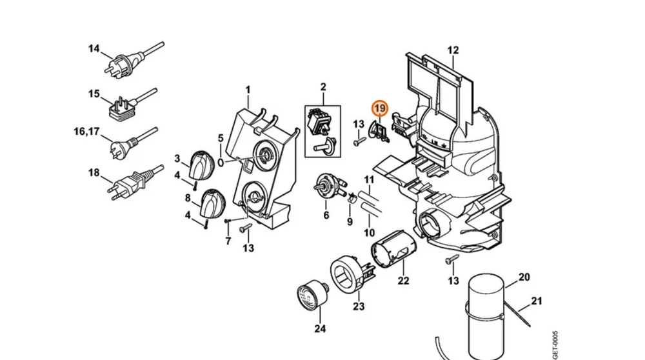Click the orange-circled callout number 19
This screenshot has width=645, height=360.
coord(379,108)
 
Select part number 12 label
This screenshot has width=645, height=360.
coord(453,50)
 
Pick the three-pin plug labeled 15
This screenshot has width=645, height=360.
coord(132,104)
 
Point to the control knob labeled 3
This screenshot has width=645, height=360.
coord(201,164)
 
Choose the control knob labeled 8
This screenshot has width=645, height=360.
coord(213,203)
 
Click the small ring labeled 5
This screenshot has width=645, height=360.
coord(221,163)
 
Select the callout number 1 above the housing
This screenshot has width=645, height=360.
coord(248,90)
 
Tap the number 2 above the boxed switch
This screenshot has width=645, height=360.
coord(323,87)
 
